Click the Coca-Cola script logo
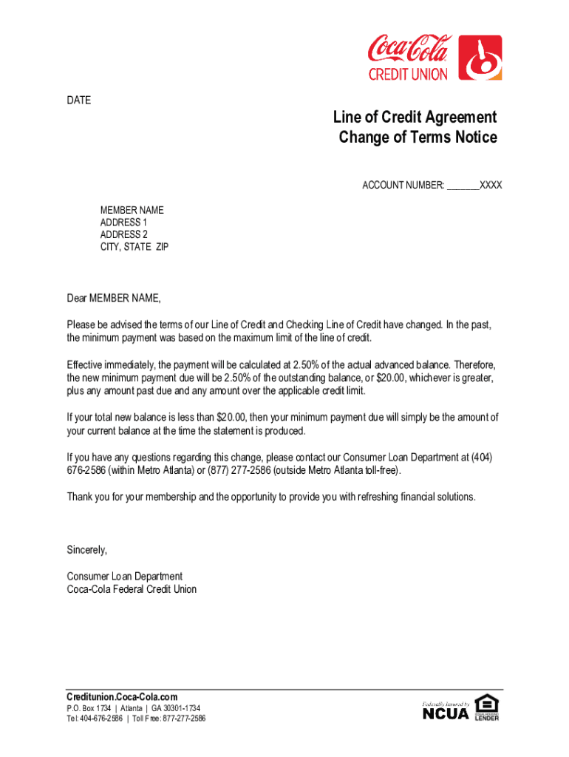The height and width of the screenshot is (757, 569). point(408,50)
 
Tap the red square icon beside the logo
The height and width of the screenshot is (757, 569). point(480,57)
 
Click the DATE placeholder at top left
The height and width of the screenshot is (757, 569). point(79,100)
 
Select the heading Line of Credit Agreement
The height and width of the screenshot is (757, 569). point(415,117)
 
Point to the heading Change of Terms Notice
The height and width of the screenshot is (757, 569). point(418,137)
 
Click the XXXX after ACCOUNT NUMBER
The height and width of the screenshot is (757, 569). point(491,185)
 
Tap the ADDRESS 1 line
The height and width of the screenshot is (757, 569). point(124,223)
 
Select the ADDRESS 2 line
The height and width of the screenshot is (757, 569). point(124,235)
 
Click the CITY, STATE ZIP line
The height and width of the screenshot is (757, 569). point(134,248)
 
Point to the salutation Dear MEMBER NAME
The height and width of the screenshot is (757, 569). point(114,299)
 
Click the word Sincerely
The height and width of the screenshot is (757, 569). point(87,550)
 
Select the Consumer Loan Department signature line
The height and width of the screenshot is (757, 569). point(125,576)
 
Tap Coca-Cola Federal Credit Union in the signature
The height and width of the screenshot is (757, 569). point(132,589)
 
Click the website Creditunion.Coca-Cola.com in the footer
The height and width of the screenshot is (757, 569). point(122,697)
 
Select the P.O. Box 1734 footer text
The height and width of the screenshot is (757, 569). point(92,708)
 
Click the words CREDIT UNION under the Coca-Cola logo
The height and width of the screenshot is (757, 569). point(408,74)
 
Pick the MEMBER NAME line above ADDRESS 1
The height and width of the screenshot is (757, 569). point(132,210)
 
